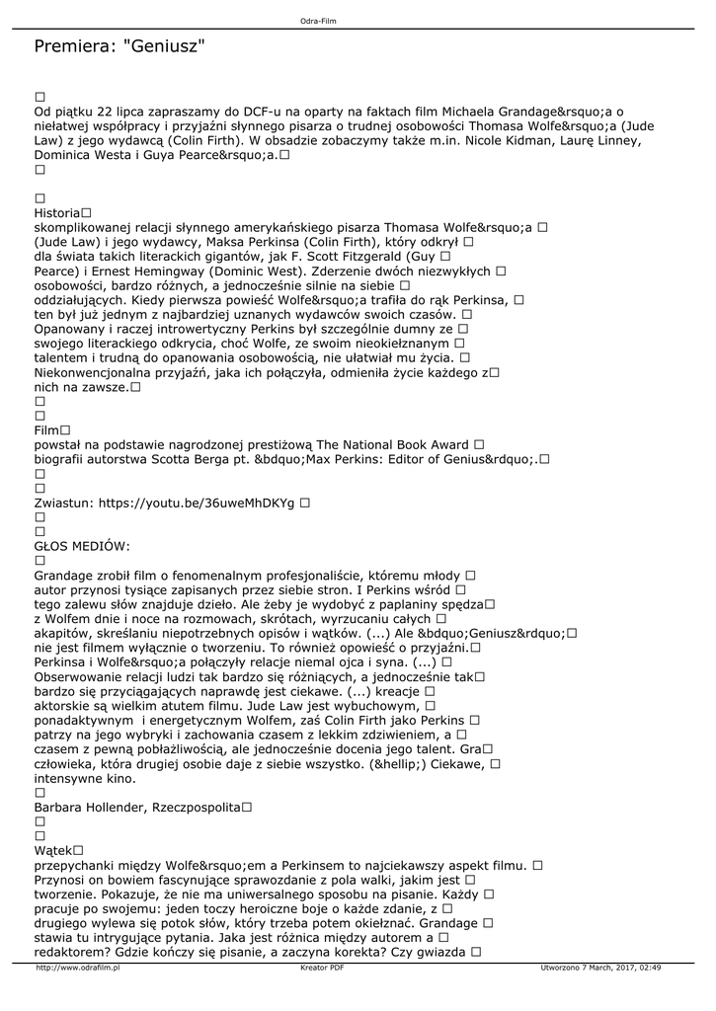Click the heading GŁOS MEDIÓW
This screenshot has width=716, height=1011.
tap(82, 546)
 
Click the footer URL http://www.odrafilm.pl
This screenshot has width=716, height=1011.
tap(77, 969)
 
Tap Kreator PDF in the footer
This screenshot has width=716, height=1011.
tap(322, 969)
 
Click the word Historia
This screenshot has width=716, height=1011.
tap(57, 212)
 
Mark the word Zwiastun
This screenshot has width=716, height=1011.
tap(63, 503)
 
